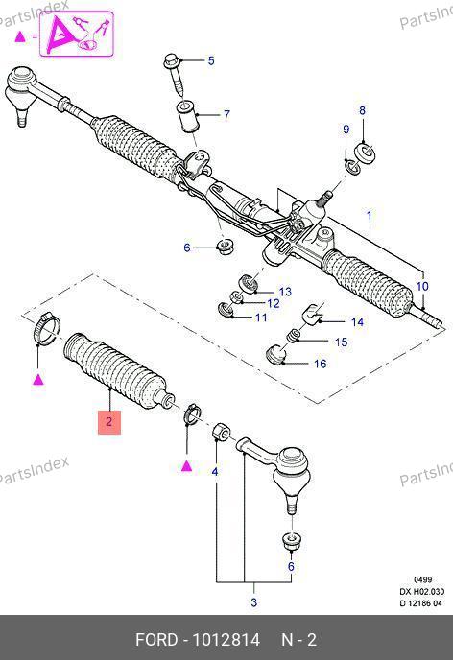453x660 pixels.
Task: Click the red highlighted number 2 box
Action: [x=109, y=422]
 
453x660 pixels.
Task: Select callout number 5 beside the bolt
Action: [x=211, y=60]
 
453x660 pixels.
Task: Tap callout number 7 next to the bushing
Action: [x=226, y=114]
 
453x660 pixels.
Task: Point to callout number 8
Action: [x=362, y=110]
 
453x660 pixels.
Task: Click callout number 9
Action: [x=346, y=130]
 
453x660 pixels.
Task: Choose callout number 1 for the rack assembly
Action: [x=370, y=216]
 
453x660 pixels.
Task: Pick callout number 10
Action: [x=422, y=286]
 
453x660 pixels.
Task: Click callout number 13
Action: [x=285, y=292]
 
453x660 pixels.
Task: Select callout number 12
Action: [x=274, y=303]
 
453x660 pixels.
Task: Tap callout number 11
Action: [x=261, y=317]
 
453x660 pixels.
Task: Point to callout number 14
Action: [x=357, y=322]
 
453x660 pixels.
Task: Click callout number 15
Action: [x=342, y=342]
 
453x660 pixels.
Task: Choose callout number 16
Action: [x=320, y=364]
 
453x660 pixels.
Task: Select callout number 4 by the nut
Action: [x=215, y=472]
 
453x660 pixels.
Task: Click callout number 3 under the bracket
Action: [x=254, y=602]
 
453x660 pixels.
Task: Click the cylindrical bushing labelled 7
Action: [x=185, y=116]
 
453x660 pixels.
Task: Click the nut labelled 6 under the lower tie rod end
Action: [x=292, y=541]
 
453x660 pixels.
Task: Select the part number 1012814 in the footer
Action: [x=226, y=640]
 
